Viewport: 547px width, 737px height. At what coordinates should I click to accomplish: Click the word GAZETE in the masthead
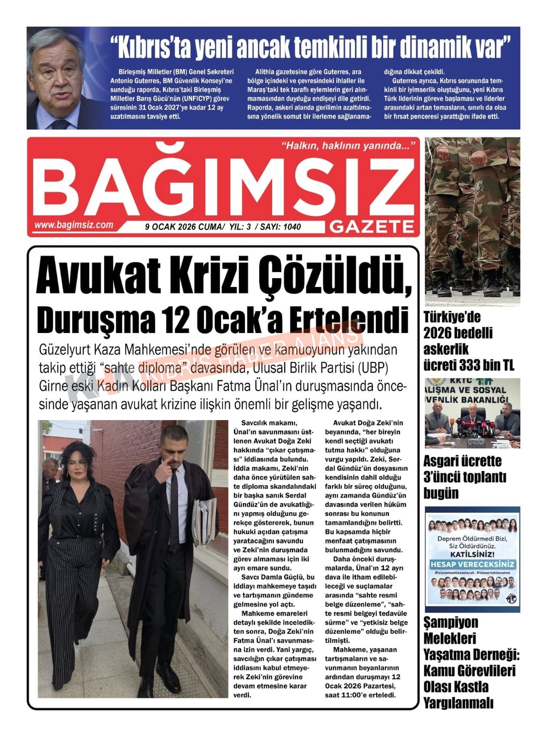coord(372,226)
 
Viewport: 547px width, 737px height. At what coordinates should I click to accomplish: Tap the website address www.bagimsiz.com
coord(74,225)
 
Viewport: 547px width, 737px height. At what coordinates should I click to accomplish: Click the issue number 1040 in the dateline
coord(292,227)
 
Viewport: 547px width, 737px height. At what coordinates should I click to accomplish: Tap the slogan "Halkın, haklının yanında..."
coord(349,146)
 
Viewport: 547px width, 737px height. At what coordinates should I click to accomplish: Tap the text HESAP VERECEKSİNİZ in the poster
coord(472,564)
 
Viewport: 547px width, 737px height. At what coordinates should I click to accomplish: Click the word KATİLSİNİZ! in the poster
coord(472,554)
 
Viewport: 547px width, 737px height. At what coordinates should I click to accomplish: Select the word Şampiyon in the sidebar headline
coord(451,623)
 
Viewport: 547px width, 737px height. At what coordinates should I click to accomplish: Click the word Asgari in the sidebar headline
coord(441,461)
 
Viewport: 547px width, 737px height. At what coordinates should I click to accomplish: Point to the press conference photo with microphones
coord(472,414)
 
